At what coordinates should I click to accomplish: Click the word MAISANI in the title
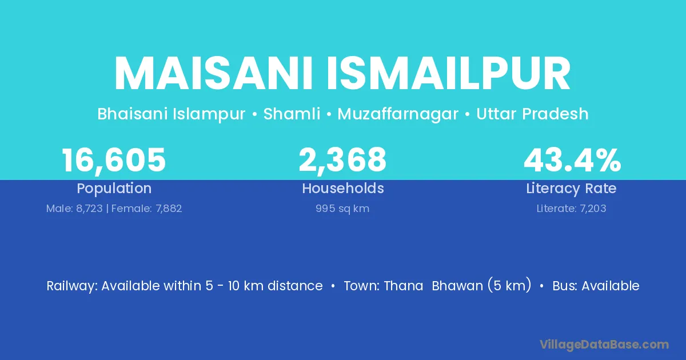pyautogui.click(x=213, y=74)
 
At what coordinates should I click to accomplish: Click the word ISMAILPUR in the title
pyautogui.click(x=449, y=74)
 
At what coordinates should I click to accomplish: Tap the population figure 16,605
pyautogui.click(x=114, y=160)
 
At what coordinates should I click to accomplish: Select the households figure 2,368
pyautogui.click(x=342, y=160)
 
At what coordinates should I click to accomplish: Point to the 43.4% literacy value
pyautogui.click(x=572, y=160)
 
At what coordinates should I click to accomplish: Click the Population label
pyautogui.click(x=114, y=188)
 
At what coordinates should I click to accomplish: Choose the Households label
pyautogui.click(x=343, y=188)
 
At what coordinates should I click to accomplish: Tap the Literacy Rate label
pyautogui.click(x=571, y=188)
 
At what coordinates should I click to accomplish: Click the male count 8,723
pyautogui.click(x=89, y=209)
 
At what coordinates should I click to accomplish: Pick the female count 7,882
pyautogui.click(x=169, y=209)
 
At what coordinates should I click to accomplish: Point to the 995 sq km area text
pyautogui.click(x=342, y=209)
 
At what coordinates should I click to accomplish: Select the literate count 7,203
pyautogui.click(x=593, y=209)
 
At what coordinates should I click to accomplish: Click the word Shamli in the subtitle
pyautogui.click(x=292, y=114)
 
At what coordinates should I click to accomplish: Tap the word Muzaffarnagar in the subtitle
pyautogui.click(x=398, y=114)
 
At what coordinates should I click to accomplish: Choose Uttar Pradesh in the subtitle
pyautogui.click(x=532, y=114)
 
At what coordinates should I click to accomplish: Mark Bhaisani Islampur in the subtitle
pyautogui.click(x=171, y=114)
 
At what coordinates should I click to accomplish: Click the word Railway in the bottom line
pyautogui.click(x=72, y=286)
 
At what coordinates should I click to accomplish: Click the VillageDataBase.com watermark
pyautogui.click(x=604, y=345)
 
